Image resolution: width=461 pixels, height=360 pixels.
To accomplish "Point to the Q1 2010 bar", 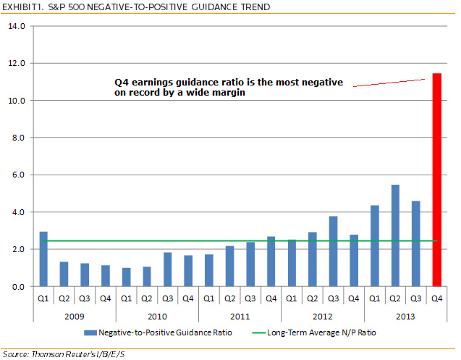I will coord(127,277).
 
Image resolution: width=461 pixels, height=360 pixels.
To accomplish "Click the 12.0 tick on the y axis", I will coord(16,63).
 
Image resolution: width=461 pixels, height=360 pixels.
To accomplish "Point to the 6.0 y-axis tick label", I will coord(16,175).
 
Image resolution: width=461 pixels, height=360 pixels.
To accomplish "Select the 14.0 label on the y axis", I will coord(16,26).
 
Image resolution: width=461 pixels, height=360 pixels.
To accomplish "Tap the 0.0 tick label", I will coord(16,287).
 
